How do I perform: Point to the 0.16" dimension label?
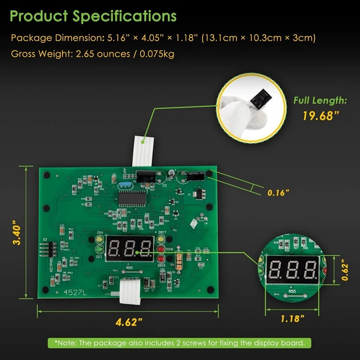(278, 193)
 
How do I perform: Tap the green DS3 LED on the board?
(99, 250)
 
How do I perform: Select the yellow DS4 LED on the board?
(99, 240)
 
